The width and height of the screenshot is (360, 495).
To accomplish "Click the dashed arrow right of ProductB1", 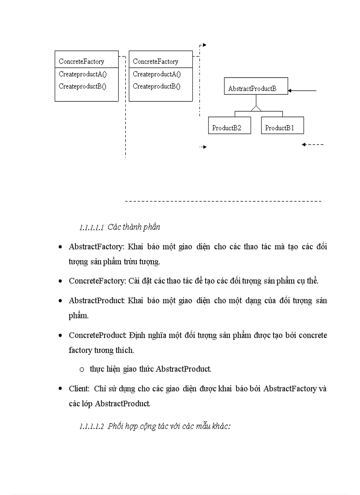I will click(x=313, y=145).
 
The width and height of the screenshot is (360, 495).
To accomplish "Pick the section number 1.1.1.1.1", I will click(x=91, y=228).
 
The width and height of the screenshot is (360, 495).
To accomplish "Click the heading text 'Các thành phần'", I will click(x=134, y=227).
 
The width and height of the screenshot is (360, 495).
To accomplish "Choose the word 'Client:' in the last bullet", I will click(x=79, y=389).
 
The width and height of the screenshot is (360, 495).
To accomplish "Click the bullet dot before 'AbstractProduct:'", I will click(x=60, y=301).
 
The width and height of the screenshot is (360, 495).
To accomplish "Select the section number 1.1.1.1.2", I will click(x=91, y=427).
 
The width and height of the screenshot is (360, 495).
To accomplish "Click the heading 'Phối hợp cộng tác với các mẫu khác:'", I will click(x=169, y=426).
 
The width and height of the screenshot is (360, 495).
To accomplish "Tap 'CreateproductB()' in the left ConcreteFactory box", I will click(x=82, y=86).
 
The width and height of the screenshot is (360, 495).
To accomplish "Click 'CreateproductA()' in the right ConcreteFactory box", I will click(x=157, y=74).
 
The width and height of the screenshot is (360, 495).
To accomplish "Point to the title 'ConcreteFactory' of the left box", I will click(x=81, y=62).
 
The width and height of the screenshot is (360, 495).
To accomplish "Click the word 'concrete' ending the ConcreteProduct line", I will click(x=313, y=335).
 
